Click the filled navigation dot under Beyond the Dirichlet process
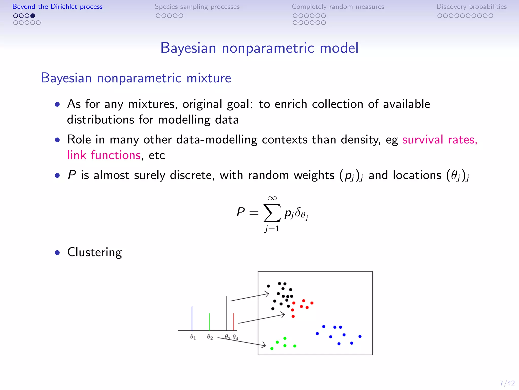(x=33, y=16)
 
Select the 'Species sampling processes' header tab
(x=197, y=7)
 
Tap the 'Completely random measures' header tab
(x=338, y=7)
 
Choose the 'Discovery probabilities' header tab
(x=471, y=7)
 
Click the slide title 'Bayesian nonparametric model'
(x=259, y=48)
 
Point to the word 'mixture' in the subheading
(x=209, y=78)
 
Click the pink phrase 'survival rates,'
(x=440, y=140)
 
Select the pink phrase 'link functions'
(x=104, y=155)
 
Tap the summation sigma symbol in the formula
(x=272, y=213)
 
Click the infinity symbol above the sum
(x=272, y=198)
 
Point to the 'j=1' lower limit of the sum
(x=272, y=229)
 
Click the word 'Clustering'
(x=95, y=252)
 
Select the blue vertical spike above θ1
(x=192, y=318)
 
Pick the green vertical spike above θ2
(x=209, y=322)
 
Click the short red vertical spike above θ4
(x=234, y=322)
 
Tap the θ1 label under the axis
(x=193, y=337)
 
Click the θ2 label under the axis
(x=210, y=337)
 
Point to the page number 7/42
(x=507, y=383)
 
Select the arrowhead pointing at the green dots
(x=264, y=345)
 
